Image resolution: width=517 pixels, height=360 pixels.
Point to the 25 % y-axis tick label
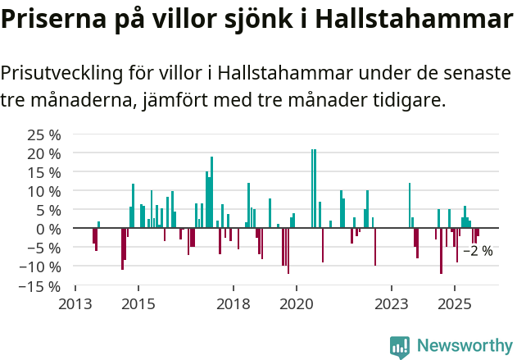[44, 134]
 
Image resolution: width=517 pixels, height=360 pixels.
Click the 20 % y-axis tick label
[44, 153]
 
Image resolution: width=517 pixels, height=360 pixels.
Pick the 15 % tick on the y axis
[44, 172]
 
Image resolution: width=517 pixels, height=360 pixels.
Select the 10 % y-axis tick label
[44, 191]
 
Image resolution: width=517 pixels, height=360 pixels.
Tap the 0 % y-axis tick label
[48, 229]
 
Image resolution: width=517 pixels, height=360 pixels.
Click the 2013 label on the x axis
[75, 304]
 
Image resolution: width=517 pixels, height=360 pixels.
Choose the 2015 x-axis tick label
[138, 304]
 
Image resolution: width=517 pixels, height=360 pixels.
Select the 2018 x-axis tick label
[234, 304]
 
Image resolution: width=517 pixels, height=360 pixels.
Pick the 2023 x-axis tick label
[392, 304]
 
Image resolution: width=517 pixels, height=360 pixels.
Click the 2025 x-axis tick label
[455, 304]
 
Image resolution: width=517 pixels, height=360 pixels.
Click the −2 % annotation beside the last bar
[478, 251]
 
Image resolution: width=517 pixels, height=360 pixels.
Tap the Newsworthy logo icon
[400, 346]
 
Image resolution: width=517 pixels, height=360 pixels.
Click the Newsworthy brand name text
[464, 346]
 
